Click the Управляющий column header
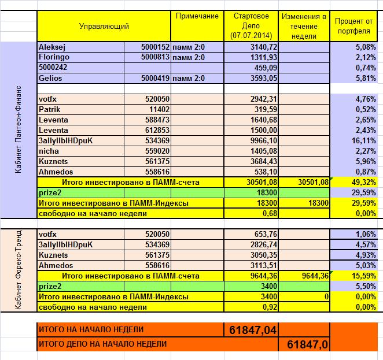click(x=104, y=26)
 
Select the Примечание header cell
click(x=197, y=16)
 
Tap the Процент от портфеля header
click(x=353, y=26)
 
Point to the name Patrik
click(x=50, y=109)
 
